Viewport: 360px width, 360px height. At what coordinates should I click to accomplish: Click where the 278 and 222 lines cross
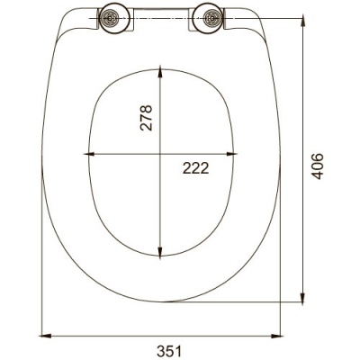(x=159, y=155)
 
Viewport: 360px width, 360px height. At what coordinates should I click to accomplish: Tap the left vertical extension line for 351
(x=42, y=270)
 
